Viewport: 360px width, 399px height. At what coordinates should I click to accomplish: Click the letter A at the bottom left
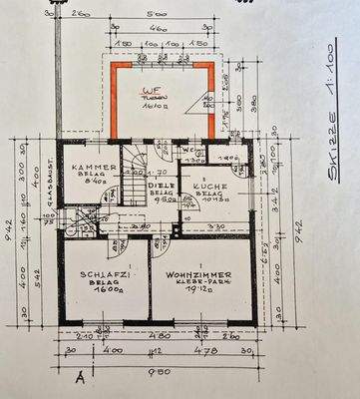click(80, 378)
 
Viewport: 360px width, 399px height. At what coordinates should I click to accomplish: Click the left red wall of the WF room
click(114, 101)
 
